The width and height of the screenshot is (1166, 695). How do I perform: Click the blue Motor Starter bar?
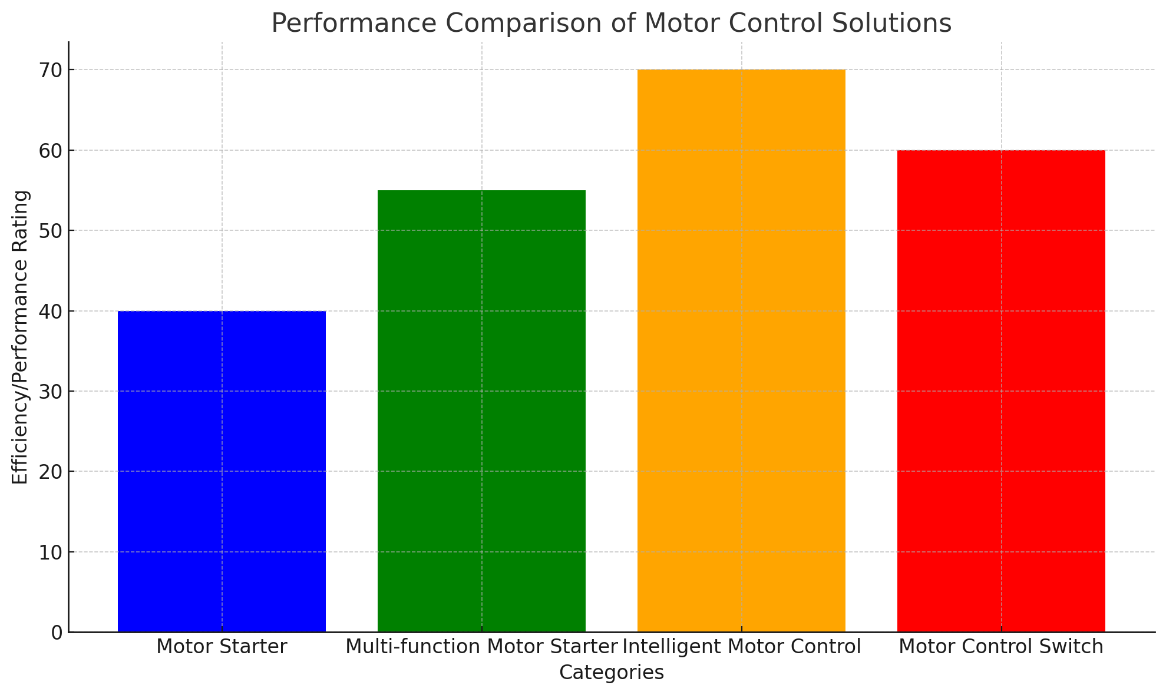pyautogui.click(x=222, y=471)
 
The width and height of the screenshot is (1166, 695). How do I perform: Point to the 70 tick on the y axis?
pyautogui.click(x=51, y=70)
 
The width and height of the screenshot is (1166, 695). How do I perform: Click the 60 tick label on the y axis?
pyautogui.click(x=51, y=151)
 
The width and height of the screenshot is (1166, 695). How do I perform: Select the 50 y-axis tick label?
pyautogui.click(x=51, y=231)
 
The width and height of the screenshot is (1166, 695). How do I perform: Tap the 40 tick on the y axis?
pyautogui.click(x=51, y=312)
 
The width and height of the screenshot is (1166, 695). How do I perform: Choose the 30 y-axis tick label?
pyautogui.click(x=51, y=392)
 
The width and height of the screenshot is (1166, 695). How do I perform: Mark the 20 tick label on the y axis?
pyautogui.click(x=51, y=472)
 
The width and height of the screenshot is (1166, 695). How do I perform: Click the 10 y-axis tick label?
pyautogui.click(x=51, y=552)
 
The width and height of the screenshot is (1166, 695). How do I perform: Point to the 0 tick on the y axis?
pyautogui.click(x=57, y=633)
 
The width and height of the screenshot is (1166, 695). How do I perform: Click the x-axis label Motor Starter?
pyautogui.click(x=222, y=647)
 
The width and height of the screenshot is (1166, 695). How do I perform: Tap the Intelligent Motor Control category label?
pyautogui.click(x=742, y=647)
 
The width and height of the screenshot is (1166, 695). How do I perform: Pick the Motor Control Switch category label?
pyautogui.click(x=1001, y=647)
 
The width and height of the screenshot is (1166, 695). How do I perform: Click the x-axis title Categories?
pyautogui.click(x=611, y=673)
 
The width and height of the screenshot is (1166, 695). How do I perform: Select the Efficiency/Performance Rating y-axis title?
pyautogui.click(x=21, y=337)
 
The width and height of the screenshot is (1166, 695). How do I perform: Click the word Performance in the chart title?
pyautogui.click(x=354, y=24)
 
